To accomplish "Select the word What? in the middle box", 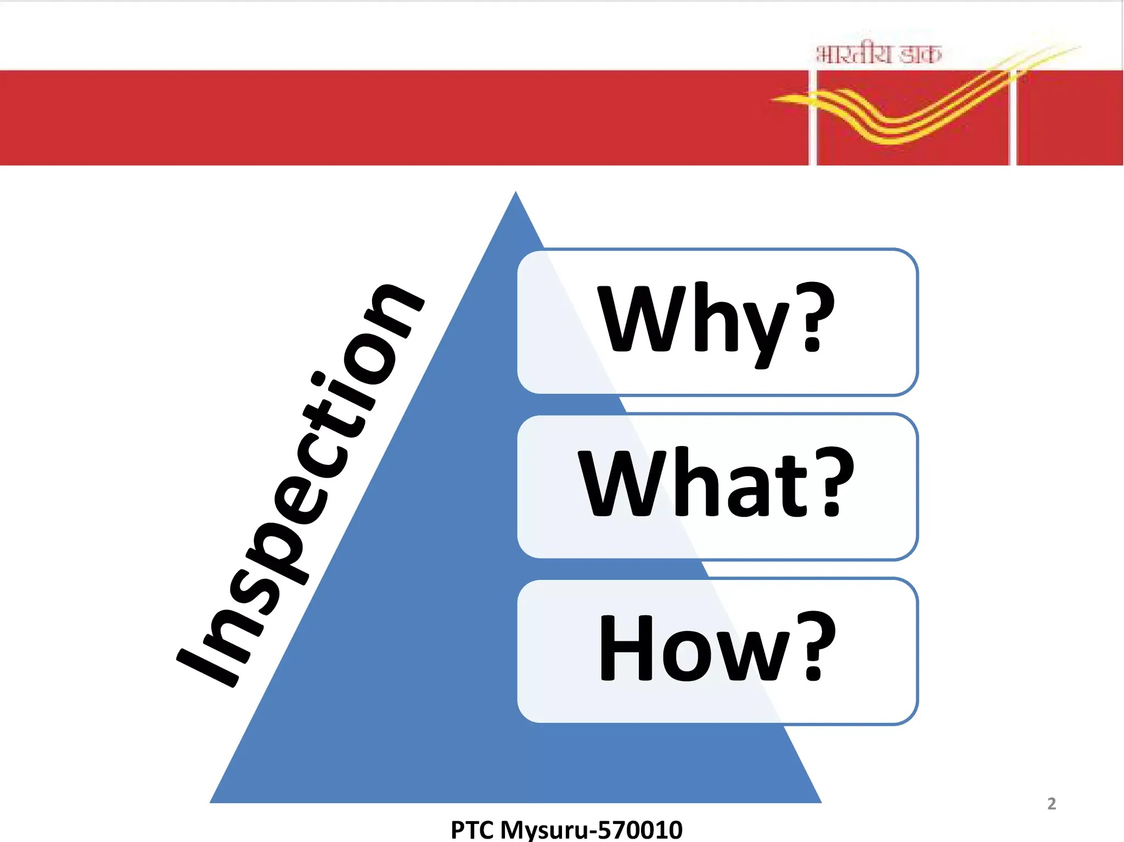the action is click(x=716, y=483).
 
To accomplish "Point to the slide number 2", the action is click(x=1052, y=804).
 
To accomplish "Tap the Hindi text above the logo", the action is click(x=879, y=54).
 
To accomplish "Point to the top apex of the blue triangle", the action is click(x=515, y=191).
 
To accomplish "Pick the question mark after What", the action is click(x=834, y=482).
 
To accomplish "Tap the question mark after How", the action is click(x=816, y=646).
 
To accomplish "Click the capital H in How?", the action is click(x=626, y=647).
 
